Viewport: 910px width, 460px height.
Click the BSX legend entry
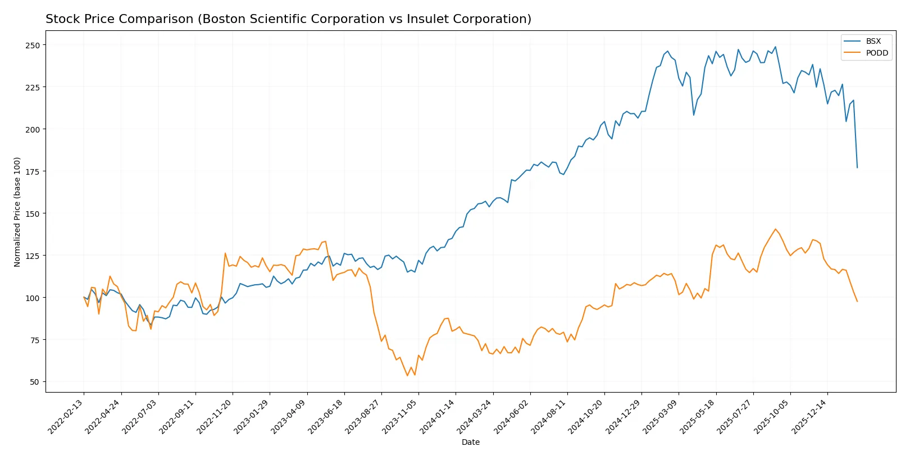[873, 41]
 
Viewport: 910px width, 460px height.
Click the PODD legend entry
[876, 53]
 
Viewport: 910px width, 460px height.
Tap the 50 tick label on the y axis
[34, 382]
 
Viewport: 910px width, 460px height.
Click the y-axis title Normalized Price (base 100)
[17, 212]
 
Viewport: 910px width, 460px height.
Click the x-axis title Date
[470, 442]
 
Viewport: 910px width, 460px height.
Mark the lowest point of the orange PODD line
[407, 375]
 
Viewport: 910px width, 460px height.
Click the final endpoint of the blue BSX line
[857, 167]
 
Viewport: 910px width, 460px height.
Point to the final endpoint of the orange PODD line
[857, 302]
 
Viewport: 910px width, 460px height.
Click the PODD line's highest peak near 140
[776, 229]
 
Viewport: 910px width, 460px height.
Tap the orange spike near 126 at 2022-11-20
[225, 253]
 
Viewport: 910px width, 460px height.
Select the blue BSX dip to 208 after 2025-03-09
[694, 115]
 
